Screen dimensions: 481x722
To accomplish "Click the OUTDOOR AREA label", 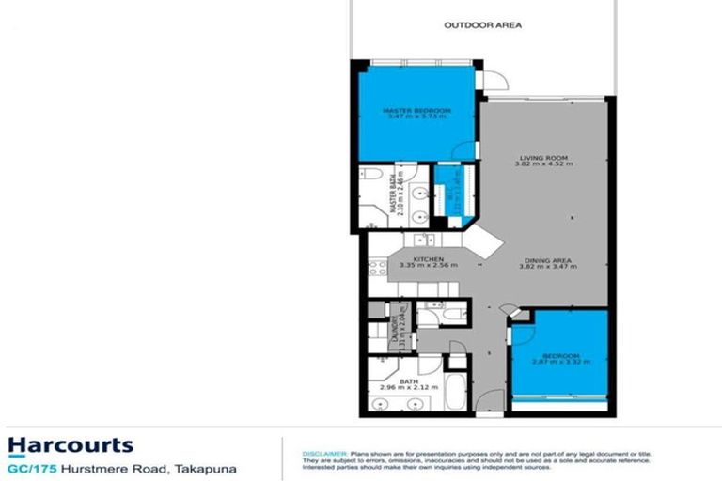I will [x=482, y=25].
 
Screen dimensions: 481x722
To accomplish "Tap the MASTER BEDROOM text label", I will [x=417, y=110].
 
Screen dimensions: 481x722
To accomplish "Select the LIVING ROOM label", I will [x=542, y=157].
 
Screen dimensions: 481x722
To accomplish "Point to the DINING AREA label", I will [x=542, y=260].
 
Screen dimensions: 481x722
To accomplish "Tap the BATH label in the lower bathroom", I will [x=407, y=380].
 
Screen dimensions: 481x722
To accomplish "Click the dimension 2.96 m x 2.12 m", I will [x=407, y=388].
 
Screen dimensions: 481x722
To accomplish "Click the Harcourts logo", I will [x=71, y=444].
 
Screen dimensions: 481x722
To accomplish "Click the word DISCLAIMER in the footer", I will [x=325, y=452].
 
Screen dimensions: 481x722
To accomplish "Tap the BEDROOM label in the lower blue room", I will [x=561, y=356].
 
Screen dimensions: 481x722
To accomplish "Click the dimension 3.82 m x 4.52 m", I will [x=542, y=164].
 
